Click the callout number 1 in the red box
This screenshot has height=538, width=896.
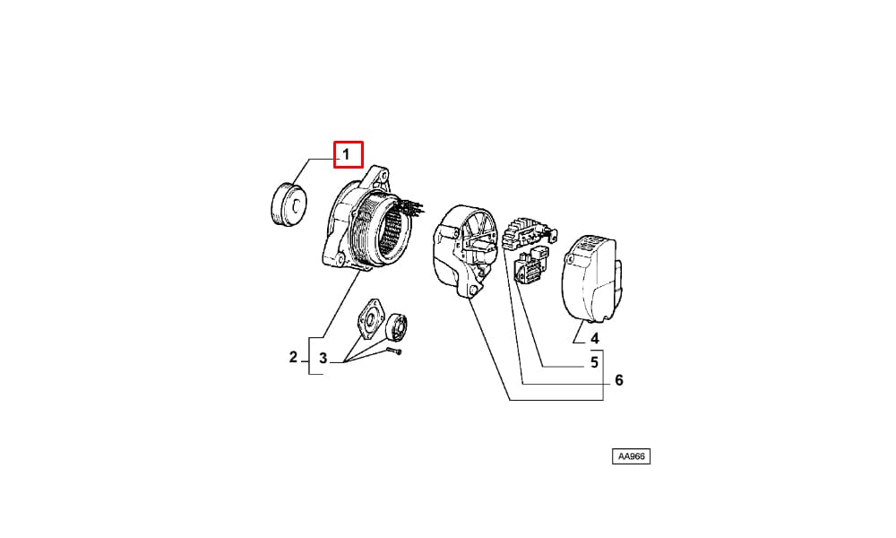tap(346, 154)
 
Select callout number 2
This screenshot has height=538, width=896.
tap(293, 358)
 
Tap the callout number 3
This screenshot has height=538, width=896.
tap(323, 359)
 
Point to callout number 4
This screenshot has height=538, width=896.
tap(594, 338)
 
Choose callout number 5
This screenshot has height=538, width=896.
tap(594, 362)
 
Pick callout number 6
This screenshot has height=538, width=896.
tap(619, 380)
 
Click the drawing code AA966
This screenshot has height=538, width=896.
tap(632, 456)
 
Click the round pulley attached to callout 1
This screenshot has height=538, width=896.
tap(289, 204)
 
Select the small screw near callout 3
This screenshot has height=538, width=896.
tap(394, 351)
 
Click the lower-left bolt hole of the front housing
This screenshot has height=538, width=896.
tap(339, 260)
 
